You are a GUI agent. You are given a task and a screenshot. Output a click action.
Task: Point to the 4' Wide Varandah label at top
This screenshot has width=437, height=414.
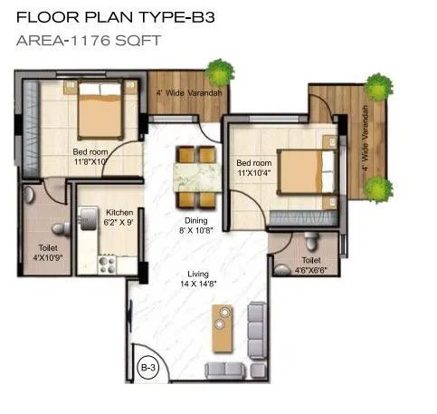click(185, 92)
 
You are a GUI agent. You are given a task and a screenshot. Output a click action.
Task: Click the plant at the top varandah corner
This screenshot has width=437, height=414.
click(217, 72)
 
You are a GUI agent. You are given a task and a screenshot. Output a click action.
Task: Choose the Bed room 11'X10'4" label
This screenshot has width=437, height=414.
click(252, 166)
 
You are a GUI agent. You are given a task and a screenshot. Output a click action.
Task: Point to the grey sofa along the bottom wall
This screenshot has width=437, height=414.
click(226, 369)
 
